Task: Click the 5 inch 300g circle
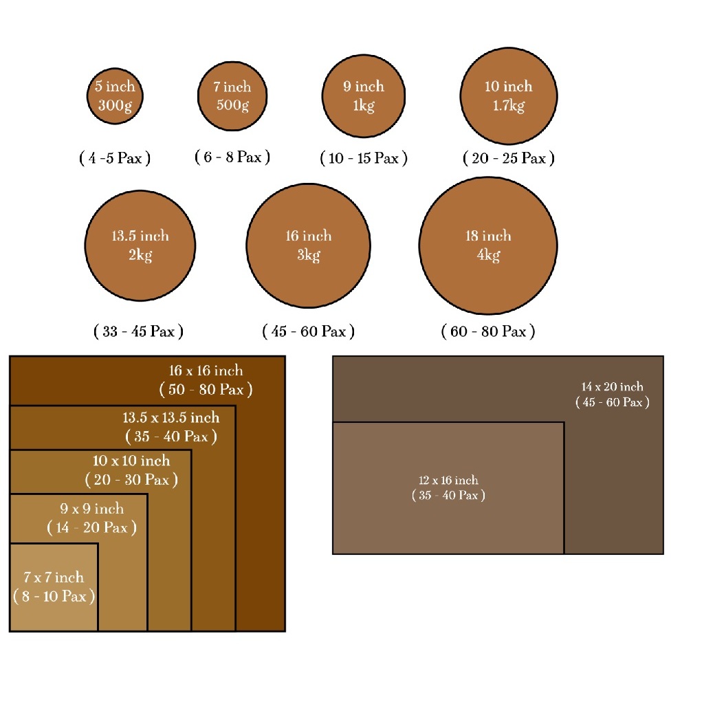(115, 96)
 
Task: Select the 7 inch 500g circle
(232, 96)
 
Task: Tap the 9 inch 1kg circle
(364, 96)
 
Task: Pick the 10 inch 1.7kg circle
(509, 96)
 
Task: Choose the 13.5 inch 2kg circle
(140, 245)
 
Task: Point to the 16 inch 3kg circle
(309, 245)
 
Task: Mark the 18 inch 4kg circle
(489, 245)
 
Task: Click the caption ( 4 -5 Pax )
(115, 158)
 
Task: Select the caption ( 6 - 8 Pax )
(232, 157)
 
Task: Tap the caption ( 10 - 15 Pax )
(364, 158)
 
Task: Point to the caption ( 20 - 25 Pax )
(509, 158)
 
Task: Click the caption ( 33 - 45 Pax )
(138, 331)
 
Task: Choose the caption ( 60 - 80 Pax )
(488, 331)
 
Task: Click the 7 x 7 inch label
(54, 577)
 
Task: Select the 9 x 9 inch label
(92, 508)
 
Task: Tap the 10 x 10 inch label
(131, 460)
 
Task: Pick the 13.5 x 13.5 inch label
(171, 417)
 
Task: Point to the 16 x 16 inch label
(206, 371)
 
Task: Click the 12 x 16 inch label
(448, 480)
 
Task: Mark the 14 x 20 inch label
(613, 386)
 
